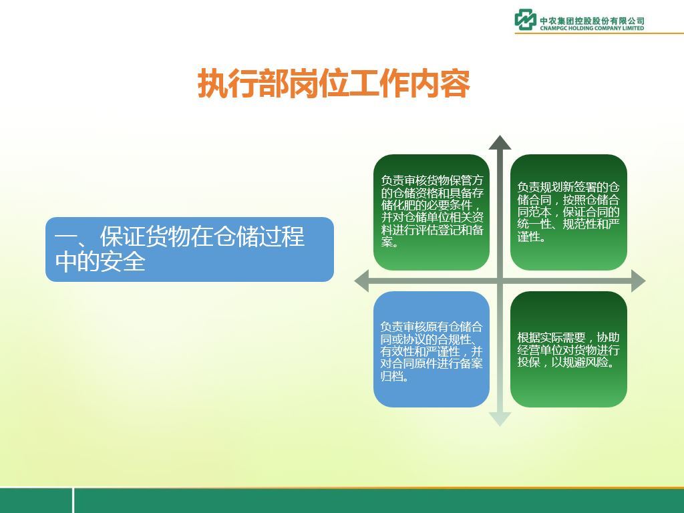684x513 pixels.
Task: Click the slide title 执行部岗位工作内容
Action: click(334, 83)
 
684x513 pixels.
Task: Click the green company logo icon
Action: click(525, 19)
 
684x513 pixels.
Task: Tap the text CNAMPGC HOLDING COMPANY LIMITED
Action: click(592, 28)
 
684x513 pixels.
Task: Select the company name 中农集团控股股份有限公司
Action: click(592, 21)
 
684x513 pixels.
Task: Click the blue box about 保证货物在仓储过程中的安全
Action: click(189, 249)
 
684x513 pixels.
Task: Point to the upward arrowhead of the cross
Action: click(500, 143)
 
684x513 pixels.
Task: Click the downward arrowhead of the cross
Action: click(500, 419)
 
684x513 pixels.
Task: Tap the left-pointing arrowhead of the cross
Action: click(361, 281)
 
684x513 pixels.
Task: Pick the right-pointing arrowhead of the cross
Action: click(638, 281)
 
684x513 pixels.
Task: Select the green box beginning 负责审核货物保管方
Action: click(432, 212)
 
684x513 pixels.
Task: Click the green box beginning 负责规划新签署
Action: click(568, 212)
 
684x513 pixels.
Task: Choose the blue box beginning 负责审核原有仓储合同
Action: click(432, 349)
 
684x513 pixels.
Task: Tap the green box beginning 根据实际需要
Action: click(568, 349)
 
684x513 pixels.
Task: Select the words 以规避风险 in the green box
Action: click(580, 362)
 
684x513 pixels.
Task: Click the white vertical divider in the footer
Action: click(73, 500)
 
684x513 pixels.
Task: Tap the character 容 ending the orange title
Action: click(456, 83)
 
